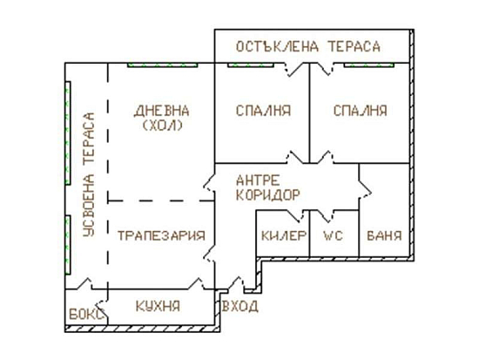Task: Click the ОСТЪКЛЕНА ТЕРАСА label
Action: click(x=308, y=47)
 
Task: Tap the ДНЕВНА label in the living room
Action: click(x=162, y=111)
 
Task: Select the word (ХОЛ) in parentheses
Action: click(x=163, y=126)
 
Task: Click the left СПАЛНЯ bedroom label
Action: click(x=263, y=111)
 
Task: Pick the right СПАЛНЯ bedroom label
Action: click(x=361, y=111)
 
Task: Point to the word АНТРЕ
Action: click(x=258, y=180)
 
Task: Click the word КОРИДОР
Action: click(x=268, y=195)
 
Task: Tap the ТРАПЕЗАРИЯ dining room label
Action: click(x=161, y=236)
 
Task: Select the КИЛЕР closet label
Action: click(x=284, y=236)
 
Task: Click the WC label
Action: click(x=333, y=236)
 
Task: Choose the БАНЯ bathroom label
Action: click(x=384, y=236)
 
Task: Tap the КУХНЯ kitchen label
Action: click(x=158, y=306)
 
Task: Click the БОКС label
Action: click(x=87, y=314)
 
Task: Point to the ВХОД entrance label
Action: click(x=240, y=306)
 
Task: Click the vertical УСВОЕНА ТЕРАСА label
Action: click(x=89, y=174)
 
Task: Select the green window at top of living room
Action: click(x=163, y=65)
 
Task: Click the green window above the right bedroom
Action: click(x=368, y=65)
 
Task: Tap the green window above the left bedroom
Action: click(x=250, y=65)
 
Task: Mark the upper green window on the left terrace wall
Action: click(x=68, y=133)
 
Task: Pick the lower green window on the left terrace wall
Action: click(x=68, y=245)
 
